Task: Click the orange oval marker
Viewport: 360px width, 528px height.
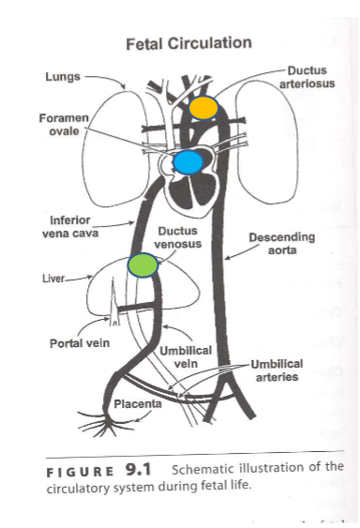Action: (x=202, y=107)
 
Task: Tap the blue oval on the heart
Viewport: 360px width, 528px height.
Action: (x=187, y=162)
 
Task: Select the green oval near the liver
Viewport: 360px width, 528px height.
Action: (x=143, y=265)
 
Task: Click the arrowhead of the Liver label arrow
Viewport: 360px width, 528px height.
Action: (x=90, y=276)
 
